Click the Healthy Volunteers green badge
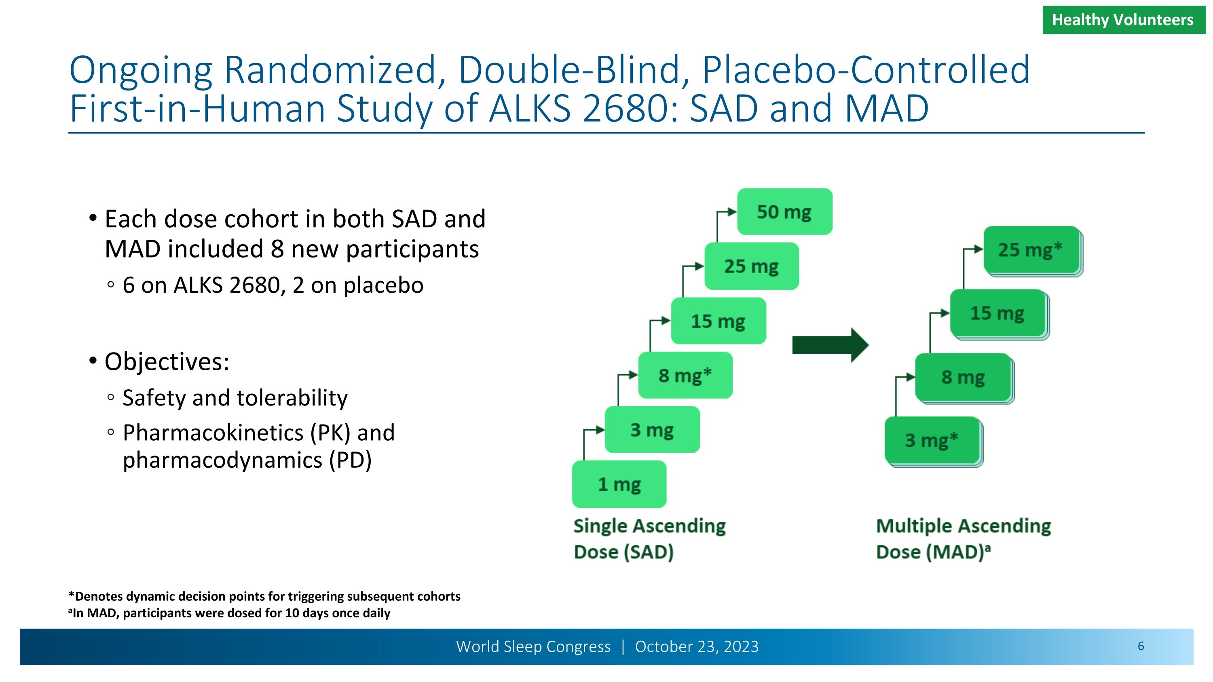(x=1123, y=20)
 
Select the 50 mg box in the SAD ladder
(x=784, y=212)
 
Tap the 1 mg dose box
(x=619, y=484)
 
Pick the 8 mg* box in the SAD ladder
(x=685, y=376)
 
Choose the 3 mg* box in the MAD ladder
(x=932, y=441)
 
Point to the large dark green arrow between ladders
(x=830, y=345)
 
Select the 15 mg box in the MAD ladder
(x=997, y=313)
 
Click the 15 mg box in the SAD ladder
(x=718, y=321)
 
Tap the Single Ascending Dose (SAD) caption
(x=649, y=539)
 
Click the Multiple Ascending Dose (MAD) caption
(x=963, y=539)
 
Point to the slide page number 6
(x=1141, y=646)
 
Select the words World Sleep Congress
(x=533, y=647)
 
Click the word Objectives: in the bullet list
(x=167, y=362)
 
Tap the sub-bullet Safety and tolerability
(x=235, y=398)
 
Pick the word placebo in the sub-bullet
(x=383, y=285)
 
